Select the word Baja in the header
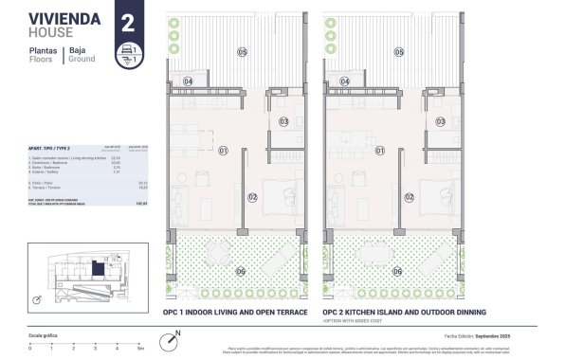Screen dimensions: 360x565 (78, 49)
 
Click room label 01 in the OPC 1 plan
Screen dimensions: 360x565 (224, 151)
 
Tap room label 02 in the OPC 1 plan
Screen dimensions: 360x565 (252, 197)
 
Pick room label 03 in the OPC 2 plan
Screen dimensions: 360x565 (441, 121)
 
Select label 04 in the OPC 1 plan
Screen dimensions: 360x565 (187, 82)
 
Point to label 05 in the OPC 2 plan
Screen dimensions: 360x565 (400, 52)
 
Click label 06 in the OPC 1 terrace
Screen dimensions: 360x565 (240, 271)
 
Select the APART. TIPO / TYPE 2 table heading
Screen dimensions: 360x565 (49, 150)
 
